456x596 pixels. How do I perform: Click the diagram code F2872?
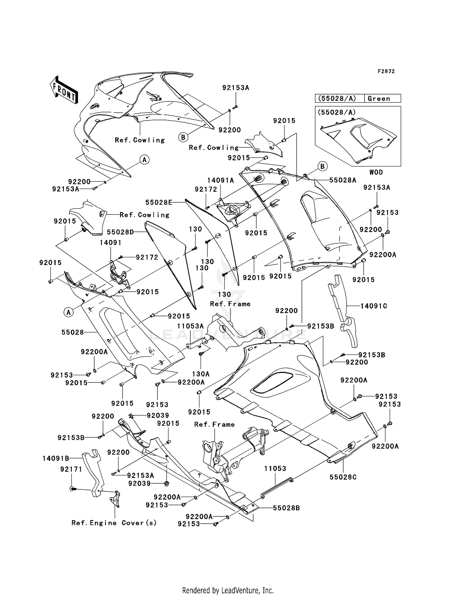[x=386, y=71]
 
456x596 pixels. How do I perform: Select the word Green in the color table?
[x=379, y=98]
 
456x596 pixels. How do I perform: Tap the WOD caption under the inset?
[x=376, y=172]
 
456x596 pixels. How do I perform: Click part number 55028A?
[x=343, y=180]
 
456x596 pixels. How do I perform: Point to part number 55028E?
[x=159, y=202]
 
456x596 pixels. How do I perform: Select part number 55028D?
[x=120, y=232]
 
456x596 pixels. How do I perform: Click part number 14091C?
[x=374, y=306]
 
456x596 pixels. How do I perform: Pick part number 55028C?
[x=343, y=477]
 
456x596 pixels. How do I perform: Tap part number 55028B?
[x=286, y=508]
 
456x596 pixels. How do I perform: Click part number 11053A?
[x=191, y=326]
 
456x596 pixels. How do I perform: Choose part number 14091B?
[x=56, y=458]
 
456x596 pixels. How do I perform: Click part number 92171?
[x=71, y=469]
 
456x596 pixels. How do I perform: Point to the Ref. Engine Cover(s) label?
[x=114, y=523]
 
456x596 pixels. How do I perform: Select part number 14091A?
[x=221, y=180]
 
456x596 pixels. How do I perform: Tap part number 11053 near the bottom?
[x=275, y=468]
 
